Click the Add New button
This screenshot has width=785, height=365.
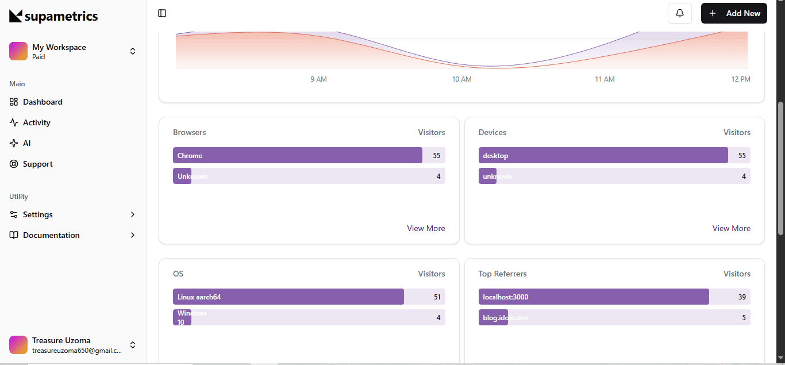click(x=734, y=13)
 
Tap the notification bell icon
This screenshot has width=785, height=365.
click(x=680, y=13)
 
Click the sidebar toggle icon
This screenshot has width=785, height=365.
click(x=162, y=13)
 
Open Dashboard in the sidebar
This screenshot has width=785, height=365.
click(x=43, y=102)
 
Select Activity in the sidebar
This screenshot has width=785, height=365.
click(x=37, y=122)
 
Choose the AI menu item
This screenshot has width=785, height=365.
click(x=26, y=143)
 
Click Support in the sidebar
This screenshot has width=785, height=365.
click(x=37, y=164)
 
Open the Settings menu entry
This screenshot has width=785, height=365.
click(x=38, y=214)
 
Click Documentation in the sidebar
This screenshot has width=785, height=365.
click(x=51, y=235)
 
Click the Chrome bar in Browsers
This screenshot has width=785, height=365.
click(x=297, y=155)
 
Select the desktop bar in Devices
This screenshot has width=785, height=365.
click(x=603, y=155)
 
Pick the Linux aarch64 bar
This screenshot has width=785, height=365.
click(x=288, y=297)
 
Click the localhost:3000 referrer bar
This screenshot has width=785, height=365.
click(x=594, y=297)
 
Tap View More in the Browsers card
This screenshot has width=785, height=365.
click(x=426, y=228)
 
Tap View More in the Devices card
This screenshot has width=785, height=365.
click(x=731, y=228)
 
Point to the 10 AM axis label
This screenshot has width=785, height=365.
click(x=461, y=79)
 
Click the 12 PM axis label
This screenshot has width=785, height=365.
click(x=741, y=79)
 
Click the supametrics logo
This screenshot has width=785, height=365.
click(x=53, y=16)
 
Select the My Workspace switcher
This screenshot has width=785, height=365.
click(x=73, y=51)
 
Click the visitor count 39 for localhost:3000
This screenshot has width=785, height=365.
click(x=742, y=297)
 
